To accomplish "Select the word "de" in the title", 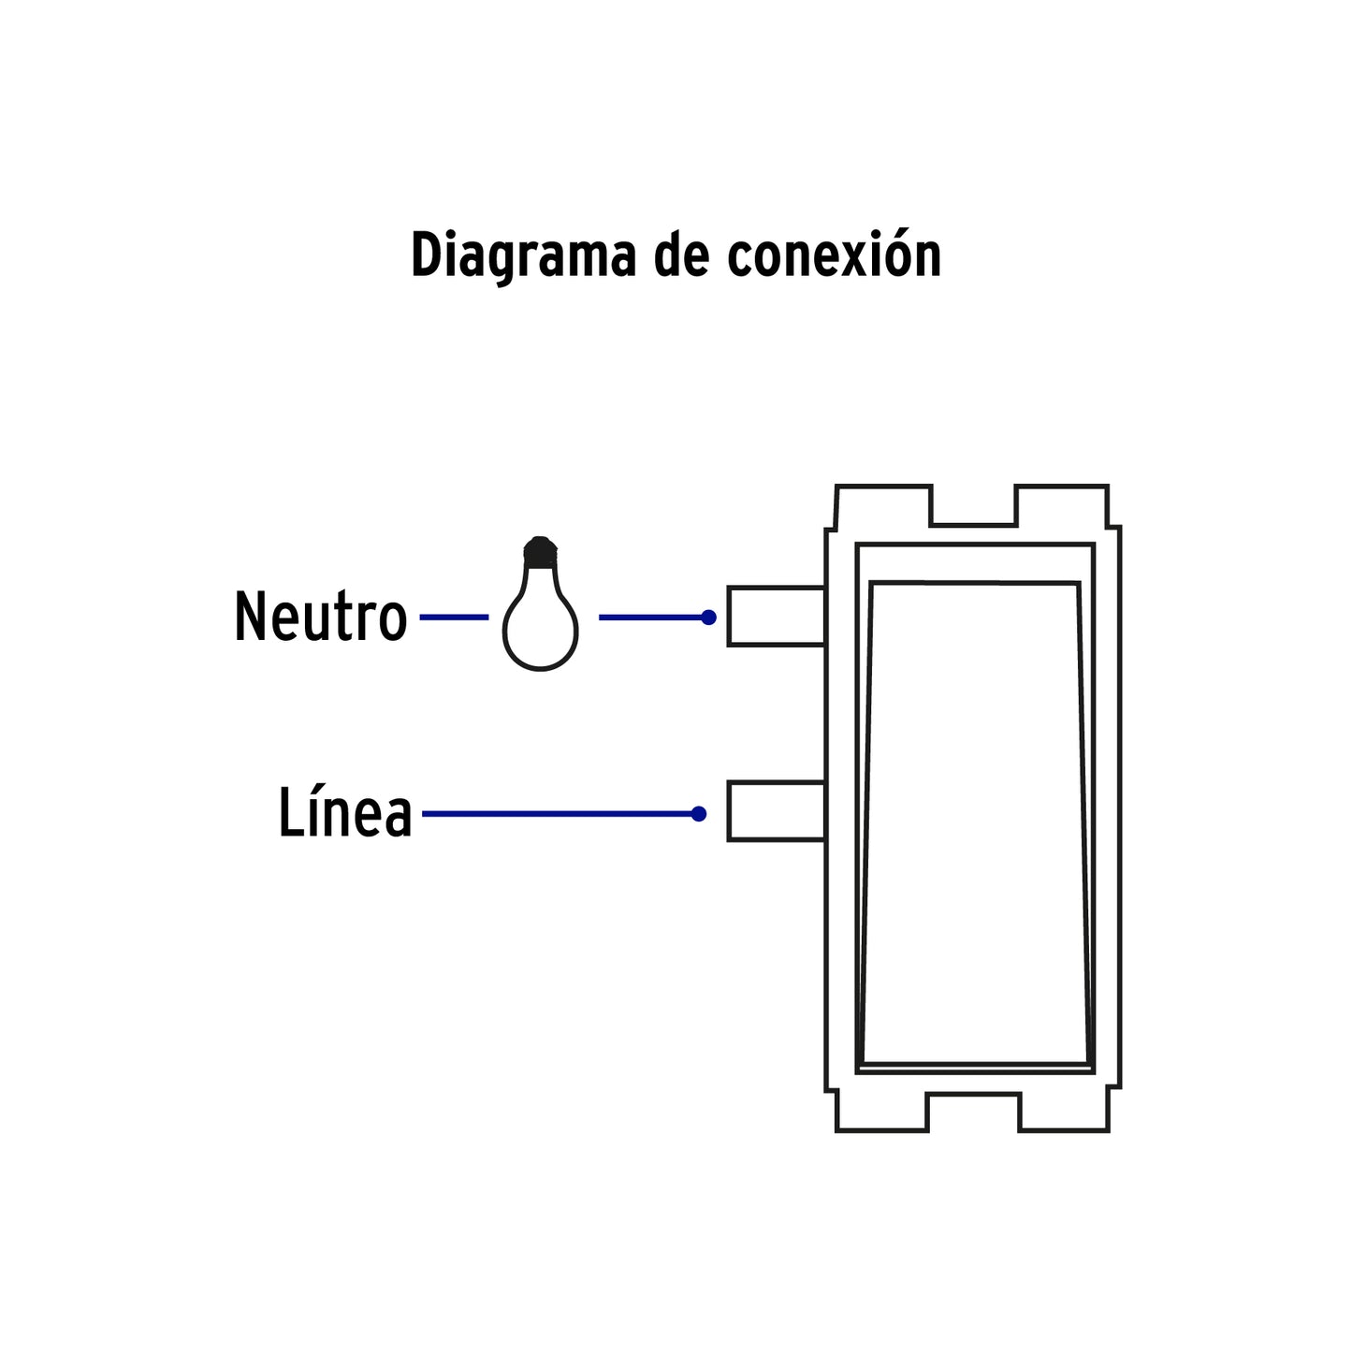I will pyautogui.click(x=680, y=254).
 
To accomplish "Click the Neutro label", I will pyautogui.click(x=320, y=618).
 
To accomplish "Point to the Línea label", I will pyautogui.click(x=344, y=813).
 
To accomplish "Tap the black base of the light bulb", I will pyautogui.click(x=539, y=551).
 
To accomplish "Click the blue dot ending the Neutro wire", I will pyautogui.click(x=708, y=618).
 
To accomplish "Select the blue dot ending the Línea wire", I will pyautogui.click(x=698, y=814).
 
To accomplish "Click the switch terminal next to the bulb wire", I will pyautogui.click(x=776, y=616).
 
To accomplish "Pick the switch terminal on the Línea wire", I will pyautogui.click(x=776, y=811).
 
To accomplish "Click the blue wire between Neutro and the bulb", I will pyautogui.click(x=454, y=618).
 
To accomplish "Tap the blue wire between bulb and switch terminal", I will pyautogui.click(x=650, y=618).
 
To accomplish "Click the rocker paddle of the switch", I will pyautogui.click(x=975, y=823).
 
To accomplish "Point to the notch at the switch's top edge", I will pyautogui.click(x=973, y=505).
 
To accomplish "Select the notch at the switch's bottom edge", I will pyautogui.click(x=973, y=1111).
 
